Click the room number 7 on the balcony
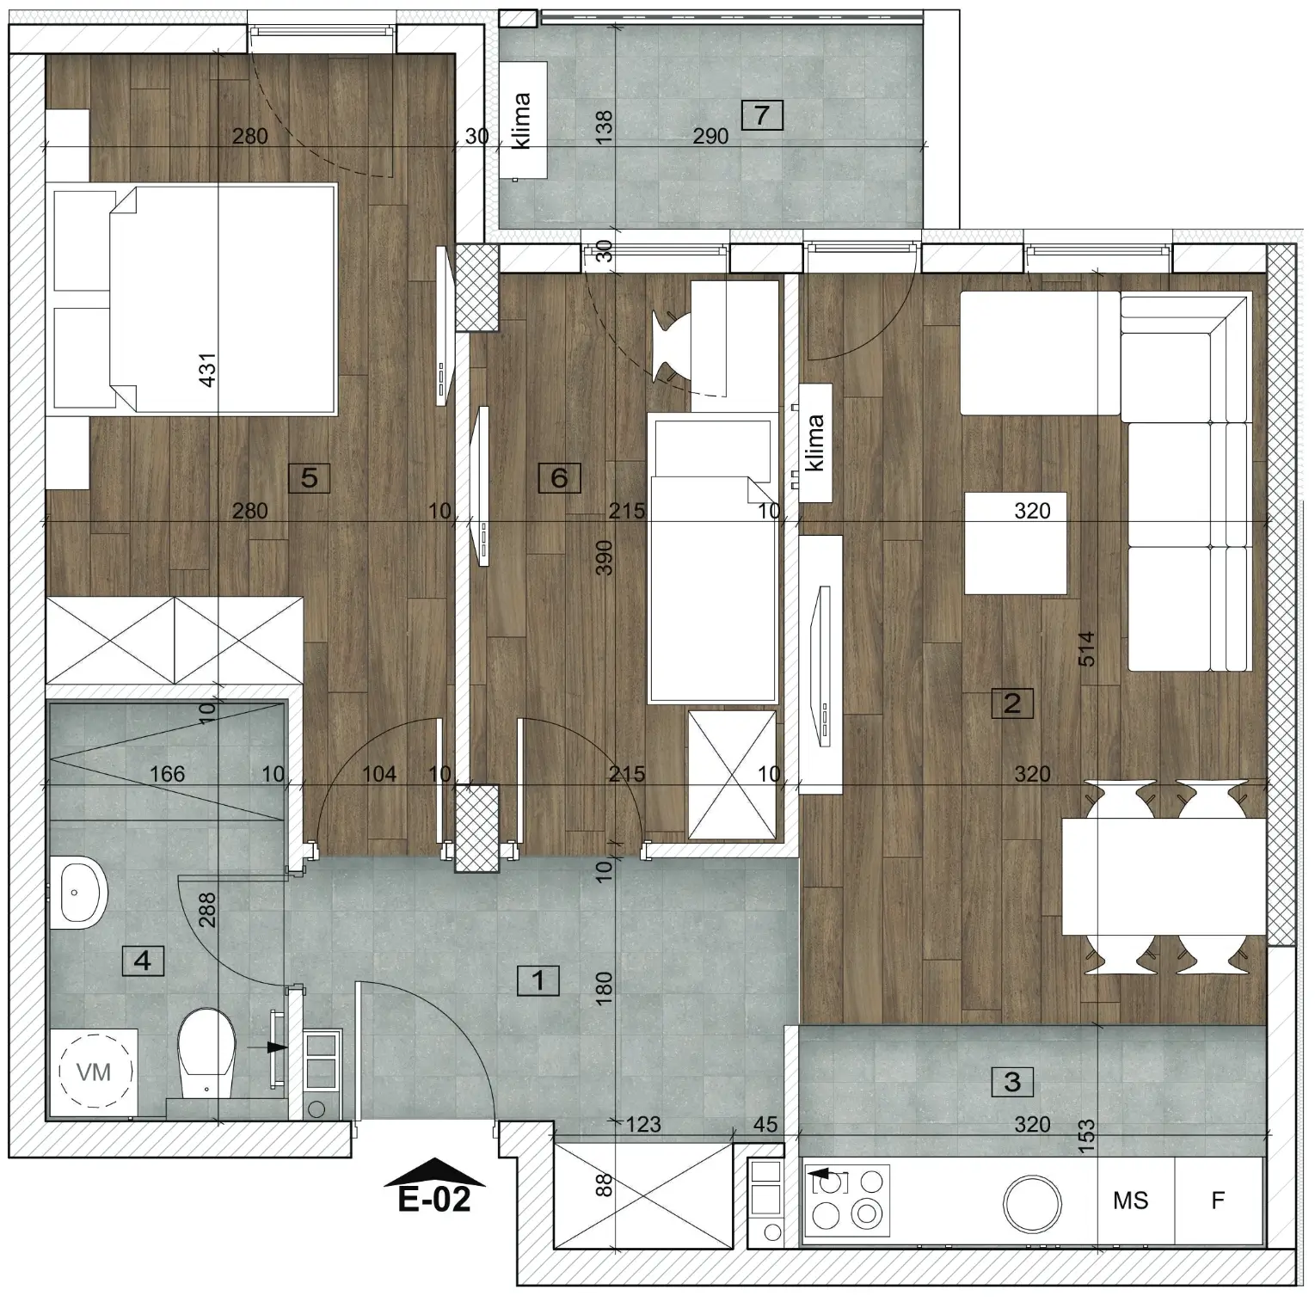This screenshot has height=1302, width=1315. [761, 114]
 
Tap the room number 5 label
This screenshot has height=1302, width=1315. [310, 477]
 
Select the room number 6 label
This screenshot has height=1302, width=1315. [559, 477]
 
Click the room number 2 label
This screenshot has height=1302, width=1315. [1012, 703]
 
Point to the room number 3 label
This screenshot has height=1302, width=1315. [1012, 1081]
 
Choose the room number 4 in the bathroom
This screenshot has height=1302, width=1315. [143, 959]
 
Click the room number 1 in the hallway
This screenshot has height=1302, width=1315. [538, 980]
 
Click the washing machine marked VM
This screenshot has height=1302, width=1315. [95, 1072]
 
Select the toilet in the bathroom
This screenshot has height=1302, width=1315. [206, 1053]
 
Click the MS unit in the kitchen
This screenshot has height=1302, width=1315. [1130, 1201]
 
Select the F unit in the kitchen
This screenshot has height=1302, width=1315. [1218, 1201]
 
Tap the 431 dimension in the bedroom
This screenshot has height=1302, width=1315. [207, 371]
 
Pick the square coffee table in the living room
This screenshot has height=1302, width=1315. [1016, 544]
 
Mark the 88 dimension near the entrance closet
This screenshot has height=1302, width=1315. [605, 1186]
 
